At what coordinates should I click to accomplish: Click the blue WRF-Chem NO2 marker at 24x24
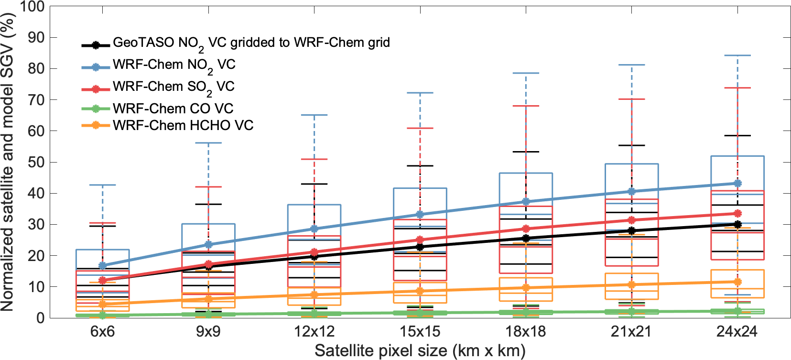(x=737, y=183)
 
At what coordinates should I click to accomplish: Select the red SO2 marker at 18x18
(x=526, y=229)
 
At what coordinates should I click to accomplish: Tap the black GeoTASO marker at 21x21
(x=632, y=230)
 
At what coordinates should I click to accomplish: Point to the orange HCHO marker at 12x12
(x=314, y=295)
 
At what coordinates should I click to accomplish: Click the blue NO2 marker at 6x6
(x=102, y=265)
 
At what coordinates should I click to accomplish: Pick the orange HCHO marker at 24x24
(x=737, y=282)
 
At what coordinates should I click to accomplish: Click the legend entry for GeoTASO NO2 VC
(x=251, y=43)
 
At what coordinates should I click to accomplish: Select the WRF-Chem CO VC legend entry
(x=173, y=109)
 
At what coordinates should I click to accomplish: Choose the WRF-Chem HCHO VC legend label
(x=183, y=125)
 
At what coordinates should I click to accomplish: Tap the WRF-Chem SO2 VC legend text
(x=173, y=87)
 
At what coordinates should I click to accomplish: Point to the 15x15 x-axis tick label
(x=420, y=331)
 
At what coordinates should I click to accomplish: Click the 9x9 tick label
(x=208, y=331)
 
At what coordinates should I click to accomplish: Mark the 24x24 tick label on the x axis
(x=737, y=331)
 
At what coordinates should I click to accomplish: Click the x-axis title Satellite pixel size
(x=420, y=351)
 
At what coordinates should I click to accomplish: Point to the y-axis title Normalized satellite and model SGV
(x=8, y=162)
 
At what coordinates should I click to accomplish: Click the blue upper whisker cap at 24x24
(x=737, y=55)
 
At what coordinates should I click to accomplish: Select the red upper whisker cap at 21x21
(x=632, y=99)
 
